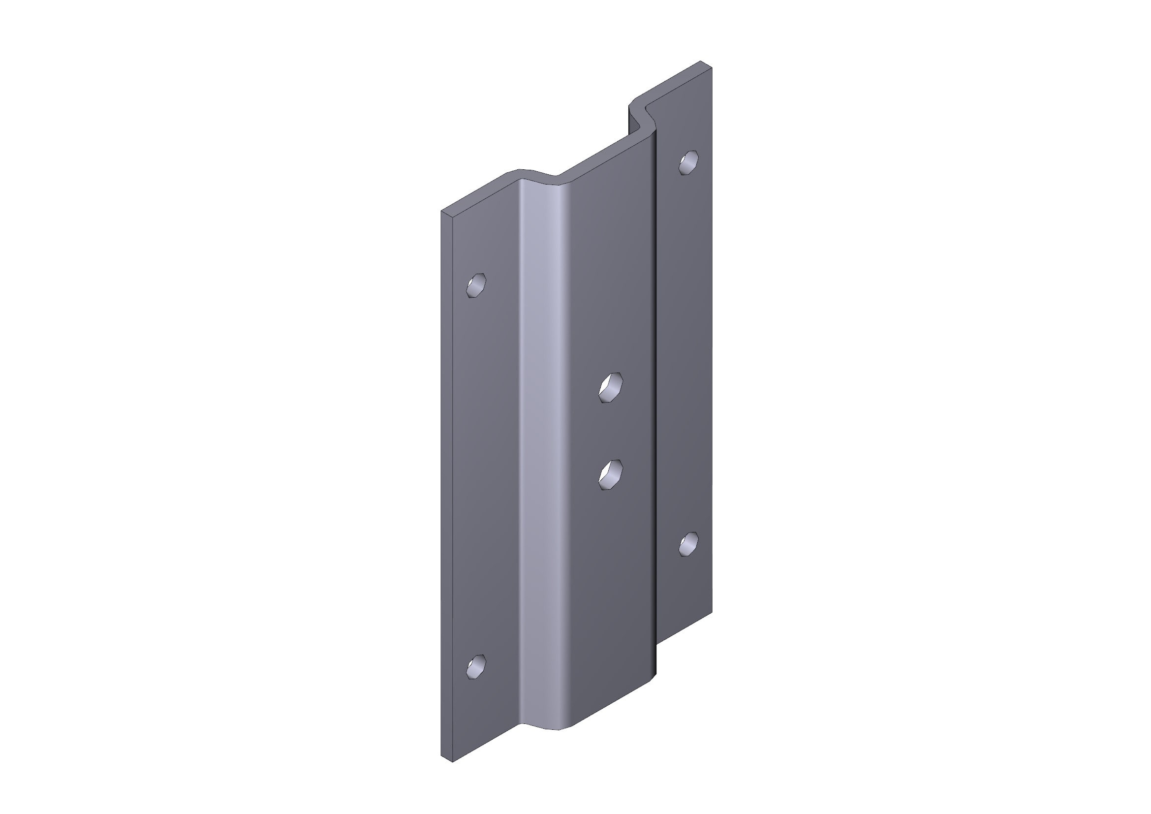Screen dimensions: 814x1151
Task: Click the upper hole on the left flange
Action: pos(476,285)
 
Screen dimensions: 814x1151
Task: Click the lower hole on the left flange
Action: pos(476,667)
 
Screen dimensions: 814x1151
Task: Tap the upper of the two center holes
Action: pos(611,387)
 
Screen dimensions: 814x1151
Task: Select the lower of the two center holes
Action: pos(611,474)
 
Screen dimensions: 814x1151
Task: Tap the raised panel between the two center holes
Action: pos(611,431)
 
